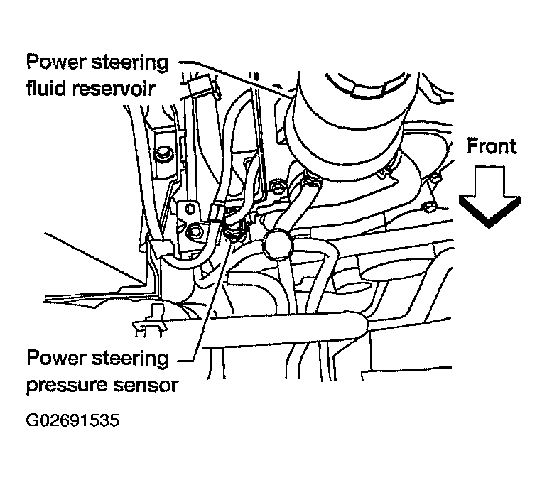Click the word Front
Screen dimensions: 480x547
pos(491,147)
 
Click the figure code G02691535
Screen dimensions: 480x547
pos(71,420)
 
